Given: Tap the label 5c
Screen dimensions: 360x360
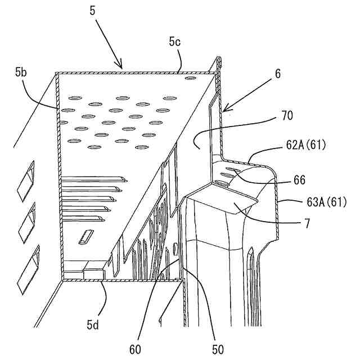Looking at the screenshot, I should (x=174, y=41).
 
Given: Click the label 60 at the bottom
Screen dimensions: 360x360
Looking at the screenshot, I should (x=136, y=349).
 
